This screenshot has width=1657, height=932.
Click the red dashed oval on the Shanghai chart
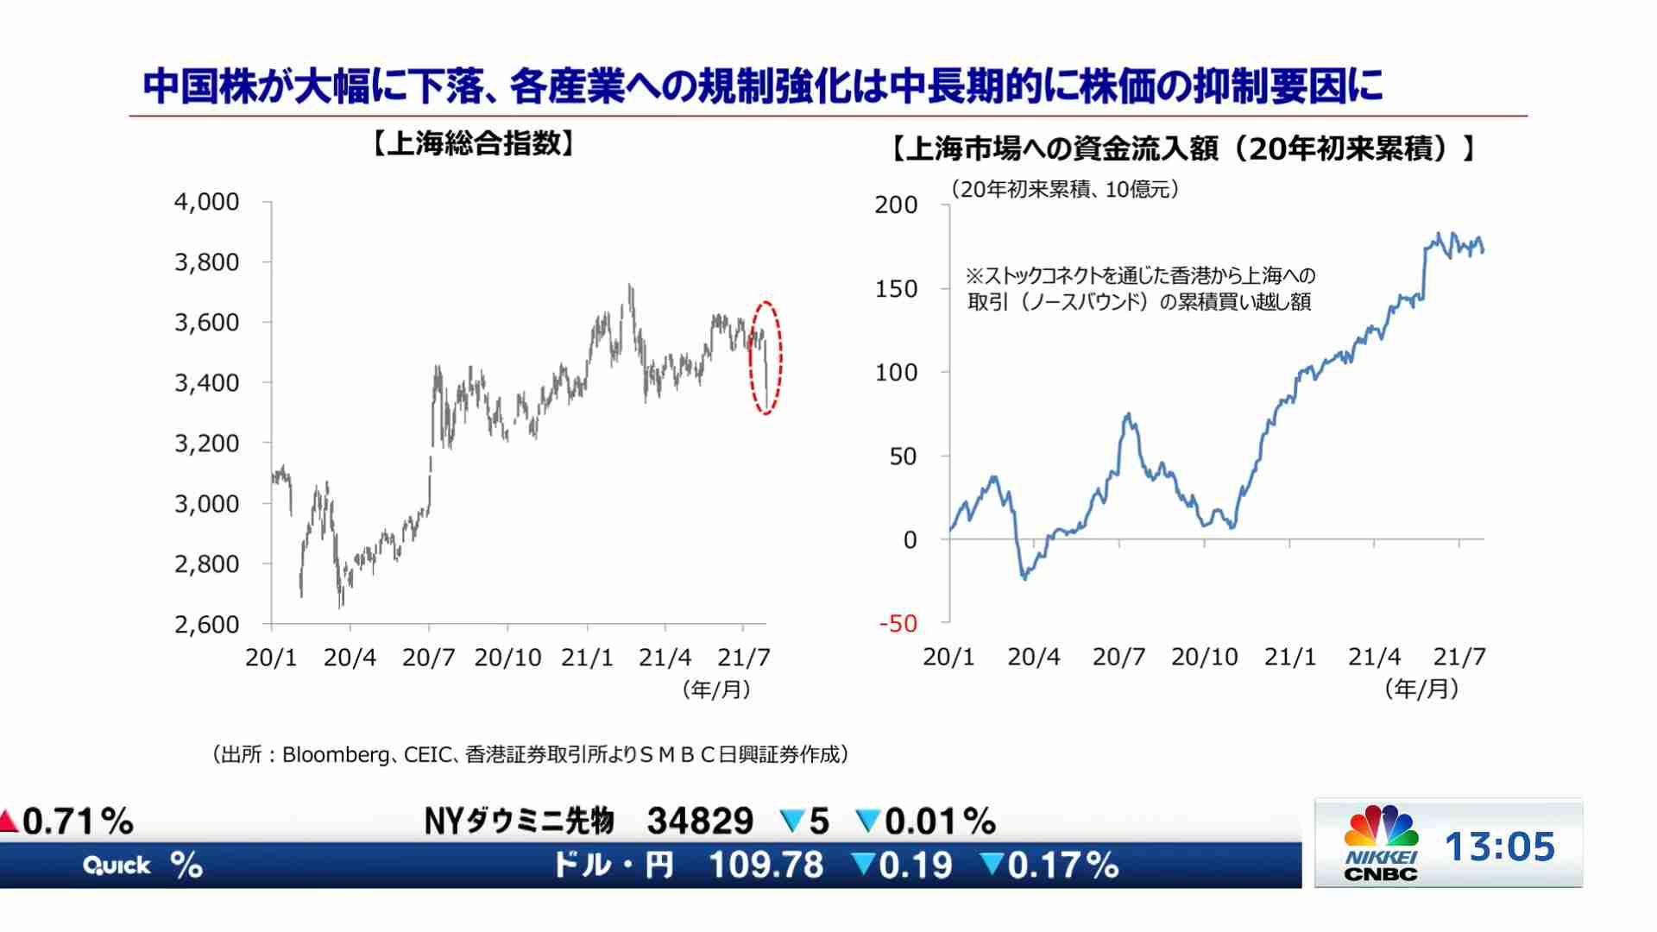(765, 357)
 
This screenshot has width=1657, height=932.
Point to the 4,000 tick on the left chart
(207, 202)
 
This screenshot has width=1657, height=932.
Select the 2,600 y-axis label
(207, 624)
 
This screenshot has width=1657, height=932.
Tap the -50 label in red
(898, 623)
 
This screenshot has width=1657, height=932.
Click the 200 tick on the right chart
(896, 205)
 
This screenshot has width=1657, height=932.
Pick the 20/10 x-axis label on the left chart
(507, 658)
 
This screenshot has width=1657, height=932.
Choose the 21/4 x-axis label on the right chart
(1374, 658)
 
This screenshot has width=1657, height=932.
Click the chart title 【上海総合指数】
(473, 144)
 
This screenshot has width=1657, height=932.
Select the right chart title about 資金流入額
(1182, 149)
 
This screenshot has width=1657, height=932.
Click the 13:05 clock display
(1500, 847)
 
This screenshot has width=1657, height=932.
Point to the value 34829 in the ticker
(700, 821)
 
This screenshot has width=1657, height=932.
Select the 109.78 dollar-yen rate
(766, 865)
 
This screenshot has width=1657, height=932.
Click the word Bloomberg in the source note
(335, 755)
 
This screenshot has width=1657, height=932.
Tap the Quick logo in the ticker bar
(117, 866)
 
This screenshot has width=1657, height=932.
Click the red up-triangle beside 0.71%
(9, 821)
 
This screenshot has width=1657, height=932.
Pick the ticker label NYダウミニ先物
(520, 821)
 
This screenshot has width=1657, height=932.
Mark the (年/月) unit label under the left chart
(716, 690)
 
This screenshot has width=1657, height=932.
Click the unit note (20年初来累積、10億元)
(1065, 189)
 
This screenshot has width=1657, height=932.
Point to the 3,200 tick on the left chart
(207, 444)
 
